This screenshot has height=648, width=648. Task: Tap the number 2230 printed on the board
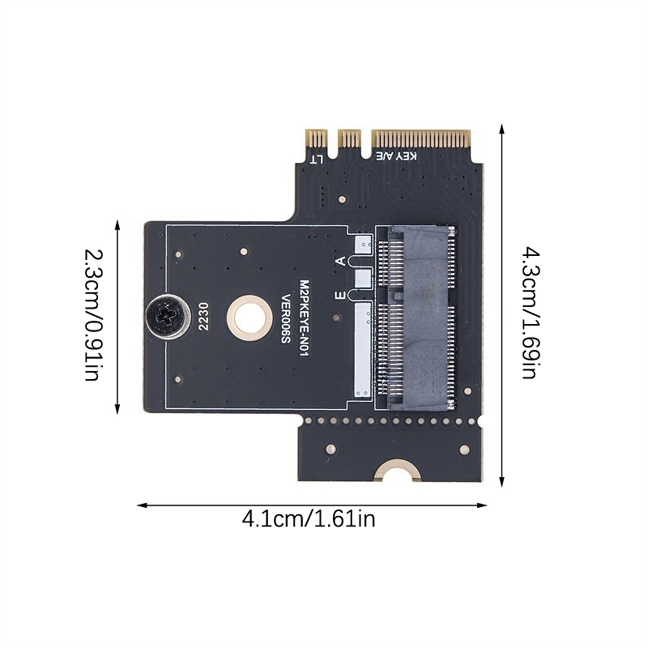click(x=203, y=317)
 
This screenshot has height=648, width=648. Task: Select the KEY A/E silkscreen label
click(x=397, y=156)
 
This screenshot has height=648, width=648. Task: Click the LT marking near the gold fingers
click(x=316, y=159)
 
